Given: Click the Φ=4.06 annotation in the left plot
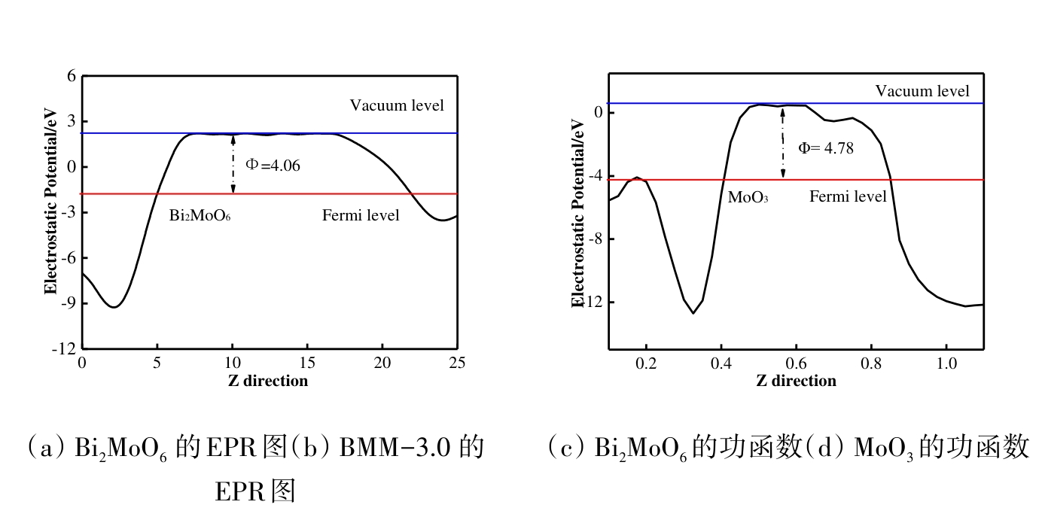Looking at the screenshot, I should pos(273,166).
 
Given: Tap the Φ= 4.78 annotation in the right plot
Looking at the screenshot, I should pos(826,148).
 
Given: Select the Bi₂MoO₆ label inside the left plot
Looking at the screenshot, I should pos(200,216).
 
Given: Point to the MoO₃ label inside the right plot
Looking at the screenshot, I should pos(748,198).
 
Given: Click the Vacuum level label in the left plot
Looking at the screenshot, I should pos(397,105).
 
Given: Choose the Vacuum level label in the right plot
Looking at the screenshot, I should pos(922,91).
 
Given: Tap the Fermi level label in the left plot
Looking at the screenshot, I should pos(361,216).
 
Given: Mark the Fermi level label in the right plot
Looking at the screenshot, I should pos(848,197).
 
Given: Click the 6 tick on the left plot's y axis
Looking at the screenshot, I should pos(72,76).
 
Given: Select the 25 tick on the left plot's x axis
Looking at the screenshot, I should pos(457,363).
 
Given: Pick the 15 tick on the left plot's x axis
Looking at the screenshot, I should pos(307,363).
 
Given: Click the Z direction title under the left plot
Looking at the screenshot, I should pos(268,381).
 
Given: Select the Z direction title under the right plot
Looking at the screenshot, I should pos(796,381).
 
